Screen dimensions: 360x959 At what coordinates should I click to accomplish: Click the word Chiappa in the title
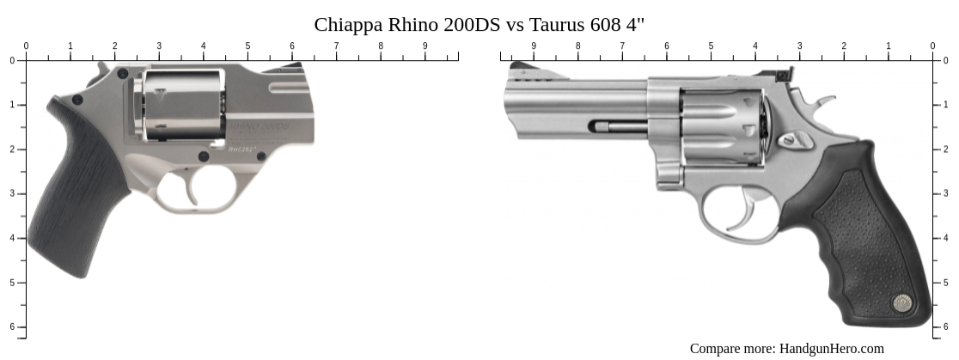point(345,24)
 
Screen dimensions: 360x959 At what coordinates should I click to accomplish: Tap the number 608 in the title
point(602,24)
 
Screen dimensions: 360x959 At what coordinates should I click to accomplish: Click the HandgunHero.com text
point(831,348)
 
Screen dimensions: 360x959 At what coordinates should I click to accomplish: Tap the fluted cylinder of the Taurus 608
point(722,126)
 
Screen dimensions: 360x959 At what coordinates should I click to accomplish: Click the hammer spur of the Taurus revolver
point(824,103)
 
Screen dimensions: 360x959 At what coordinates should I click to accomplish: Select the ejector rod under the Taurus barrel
point(619,127)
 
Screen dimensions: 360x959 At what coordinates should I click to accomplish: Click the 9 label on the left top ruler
point(425,46)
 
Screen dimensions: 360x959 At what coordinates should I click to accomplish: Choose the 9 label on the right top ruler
point(534,46)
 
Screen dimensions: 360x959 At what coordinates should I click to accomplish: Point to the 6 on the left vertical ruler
point(11,327)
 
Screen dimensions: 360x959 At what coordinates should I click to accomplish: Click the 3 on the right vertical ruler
point(946,193)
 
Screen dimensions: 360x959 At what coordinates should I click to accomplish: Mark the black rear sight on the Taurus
point(783,74)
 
